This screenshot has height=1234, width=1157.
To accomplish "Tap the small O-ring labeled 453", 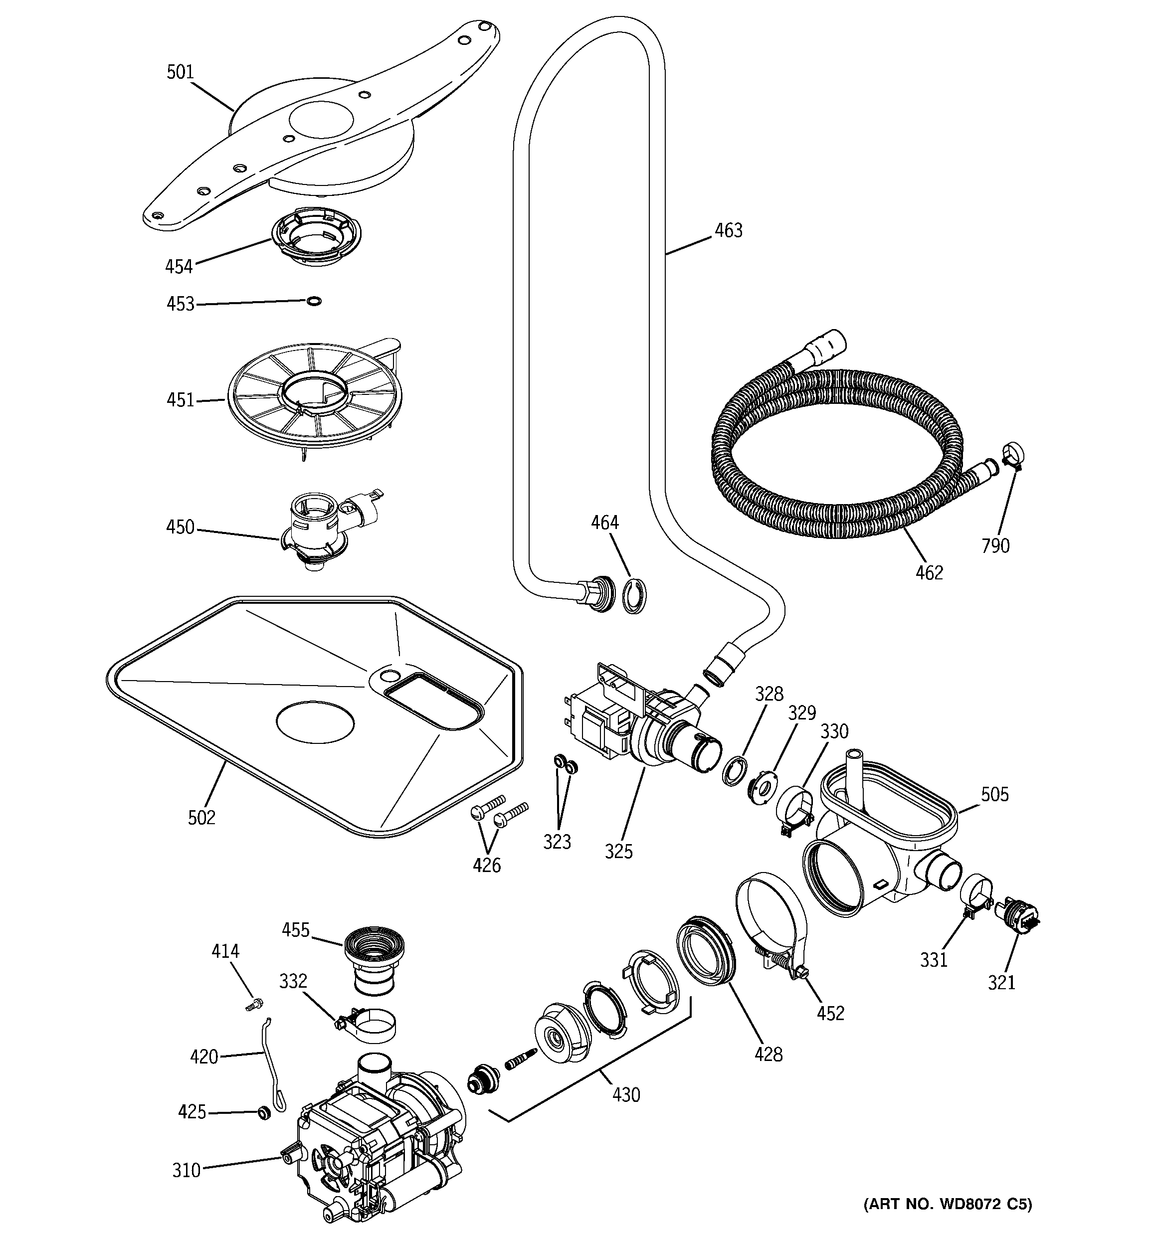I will click(x=314, y=301).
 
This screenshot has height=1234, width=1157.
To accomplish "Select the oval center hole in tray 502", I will click(x=315, y=722).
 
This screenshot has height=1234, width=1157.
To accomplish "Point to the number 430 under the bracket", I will click(x=625, y=1094).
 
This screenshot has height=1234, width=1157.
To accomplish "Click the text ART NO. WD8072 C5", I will click(x=947, y=1204).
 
